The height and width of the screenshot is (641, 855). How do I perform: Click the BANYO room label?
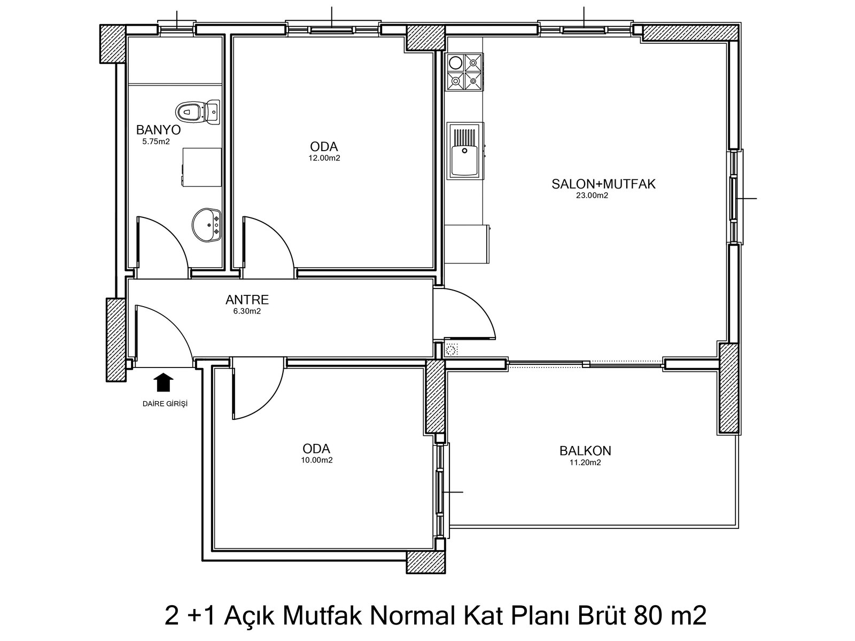158,130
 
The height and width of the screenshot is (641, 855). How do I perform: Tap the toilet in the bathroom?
198,112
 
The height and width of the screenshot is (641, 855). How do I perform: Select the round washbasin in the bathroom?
206,225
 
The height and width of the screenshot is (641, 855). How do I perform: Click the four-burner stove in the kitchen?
464,72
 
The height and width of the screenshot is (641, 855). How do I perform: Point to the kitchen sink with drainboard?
465,151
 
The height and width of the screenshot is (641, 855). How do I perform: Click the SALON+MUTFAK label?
603,184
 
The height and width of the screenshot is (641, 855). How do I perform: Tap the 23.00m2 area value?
592,196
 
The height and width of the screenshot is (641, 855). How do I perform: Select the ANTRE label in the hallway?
247,300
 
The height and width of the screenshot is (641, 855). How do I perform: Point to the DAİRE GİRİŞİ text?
165,404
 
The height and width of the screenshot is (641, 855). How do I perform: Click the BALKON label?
585,451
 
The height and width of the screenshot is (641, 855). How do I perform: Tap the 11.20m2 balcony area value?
585,463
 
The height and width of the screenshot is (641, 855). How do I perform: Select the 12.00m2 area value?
324,159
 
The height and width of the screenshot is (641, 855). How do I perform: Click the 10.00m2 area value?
317,460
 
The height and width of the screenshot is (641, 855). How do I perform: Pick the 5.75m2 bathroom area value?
156,142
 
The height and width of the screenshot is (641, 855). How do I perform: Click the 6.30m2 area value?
247,311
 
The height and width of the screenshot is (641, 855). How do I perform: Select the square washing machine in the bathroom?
202,167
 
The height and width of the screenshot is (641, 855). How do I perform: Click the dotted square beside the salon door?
452,349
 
